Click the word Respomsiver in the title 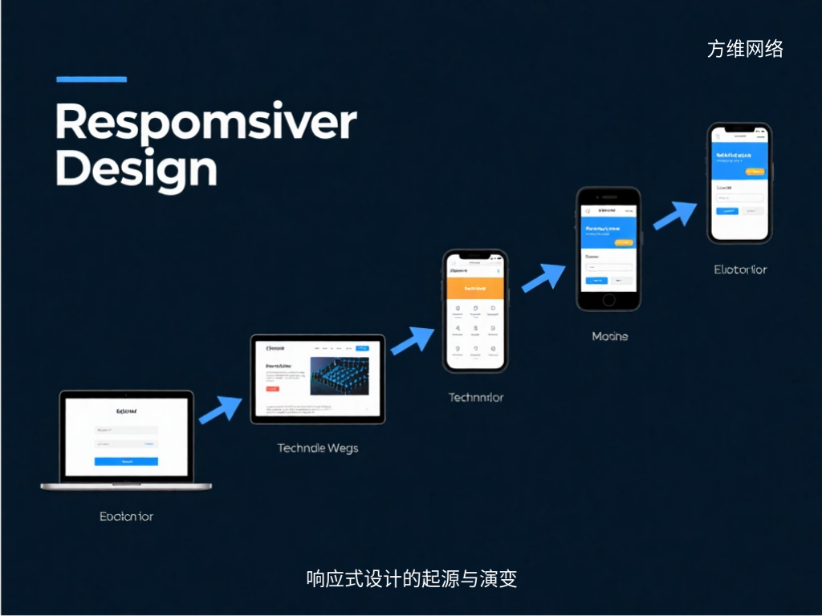pos(205,123)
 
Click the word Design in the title pos(136,169)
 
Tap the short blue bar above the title pos(92,79)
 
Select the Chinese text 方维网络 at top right pos(745,49)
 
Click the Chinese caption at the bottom pos(411,578)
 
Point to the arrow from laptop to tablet pos(220,409)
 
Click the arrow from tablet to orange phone pos(413,339)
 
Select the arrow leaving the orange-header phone pos(543,276)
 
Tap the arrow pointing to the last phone pos(674,214)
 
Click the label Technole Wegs pos(318,448)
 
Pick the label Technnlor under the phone pos(476,397)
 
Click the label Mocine pos(609,336)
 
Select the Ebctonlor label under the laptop pos(126,517)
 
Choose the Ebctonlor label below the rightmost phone pos(740,269)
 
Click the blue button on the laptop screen pos(126,461)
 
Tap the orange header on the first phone pos(475,287)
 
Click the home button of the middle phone pos(608,300)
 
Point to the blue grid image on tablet pos(340,375)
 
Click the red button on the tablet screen pos(272,388)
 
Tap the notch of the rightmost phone pos(739,129)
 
